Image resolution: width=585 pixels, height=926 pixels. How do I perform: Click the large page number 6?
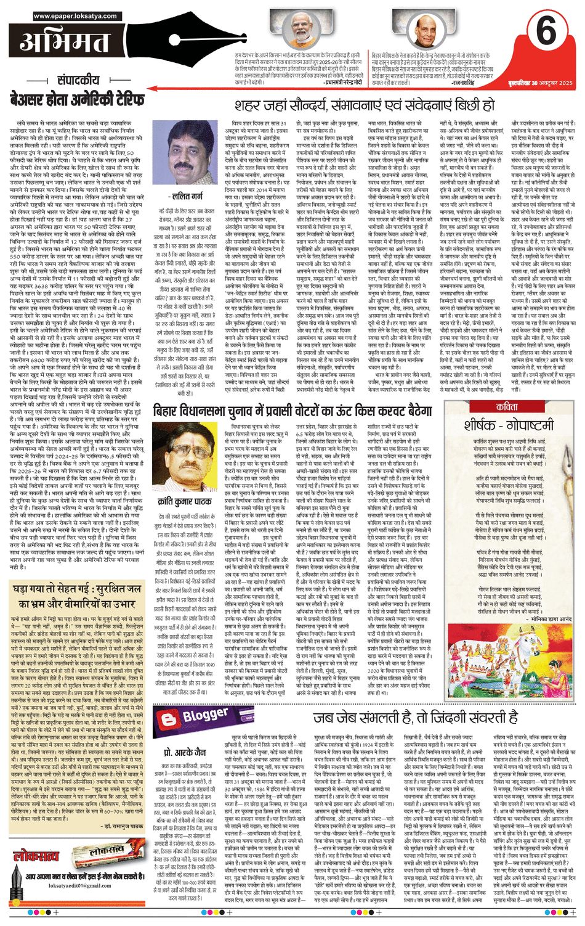[546, 31]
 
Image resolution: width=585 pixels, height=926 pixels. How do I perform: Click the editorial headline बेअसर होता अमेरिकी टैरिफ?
[77, 99]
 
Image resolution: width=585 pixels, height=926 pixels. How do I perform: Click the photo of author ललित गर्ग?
[184, 154]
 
